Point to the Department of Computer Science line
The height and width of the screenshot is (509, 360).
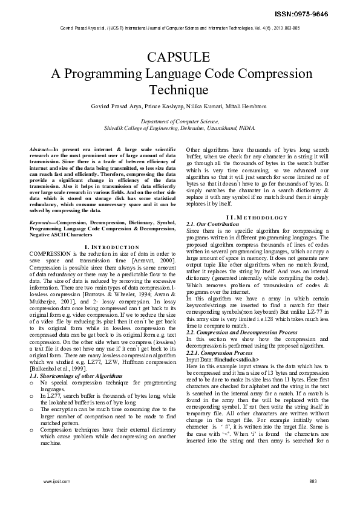(180, 122)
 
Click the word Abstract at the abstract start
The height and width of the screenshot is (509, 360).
(40, 149)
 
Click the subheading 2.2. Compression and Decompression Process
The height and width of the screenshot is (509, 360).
(241, 332)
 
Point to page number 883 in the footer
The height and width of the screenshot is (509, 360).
(313, 481)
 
